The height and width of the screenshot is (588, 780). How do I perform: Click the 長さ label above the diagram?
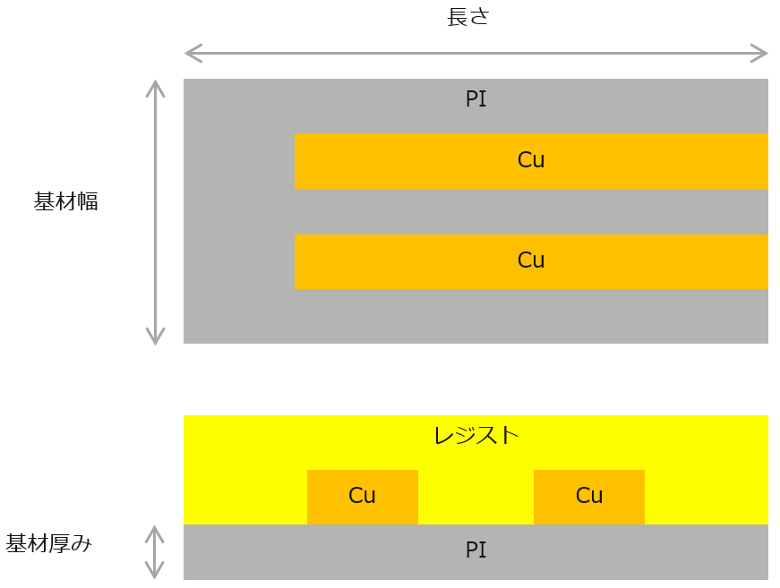point(467,17)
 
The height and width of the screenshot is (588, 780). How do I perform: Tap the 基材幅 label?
point(66,201)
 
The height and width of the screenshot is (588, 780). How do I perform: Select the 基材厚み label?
point(49,543)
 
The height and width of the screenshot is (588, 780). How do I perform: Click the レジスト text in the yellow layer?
point(476,436)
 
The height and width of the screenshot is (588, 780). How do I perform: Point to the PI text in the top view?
point(476,99)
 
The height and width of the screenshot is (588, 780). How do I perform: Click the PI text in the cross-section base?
point(476,550)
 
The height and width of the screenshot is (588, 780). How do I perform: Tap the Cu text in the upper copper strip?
point(531,160)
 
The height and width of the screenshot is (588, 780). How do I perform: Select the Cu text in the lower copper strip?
point(531,260)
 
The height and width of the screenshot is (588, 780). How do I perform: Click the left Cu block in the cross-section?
point(363,497)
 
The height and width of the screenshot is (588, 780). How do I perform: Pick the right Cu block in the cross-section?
point(589,497)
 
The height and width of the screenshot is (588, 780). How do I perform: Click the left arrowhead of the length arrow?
point(191,54)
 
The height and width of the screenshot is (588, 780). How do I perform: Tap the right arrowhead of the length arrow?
point(761,54)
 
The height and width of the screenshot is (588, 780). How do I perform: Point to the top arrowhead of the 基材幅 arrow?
point(156,87)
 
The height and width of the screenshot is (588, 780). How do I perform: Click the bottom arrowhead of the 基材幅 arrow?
point(156,337)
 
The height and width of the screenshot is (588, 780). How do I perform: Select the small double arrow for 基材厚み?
point(156,551)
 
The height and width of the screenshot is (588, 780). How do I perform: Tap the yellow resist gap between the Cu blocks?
point(476,498)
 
